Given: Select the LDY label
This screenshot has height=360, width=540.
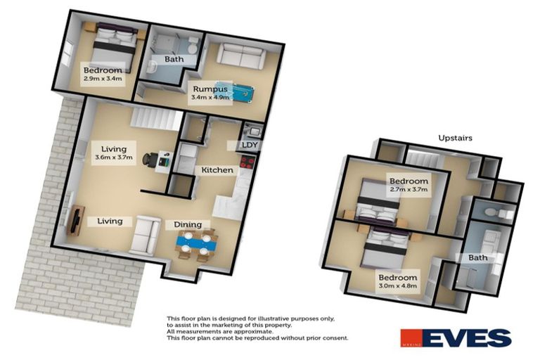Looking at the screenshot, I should pos(250,146).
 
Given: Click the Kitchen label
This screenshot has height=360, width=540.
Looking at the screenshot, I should pos(217,170).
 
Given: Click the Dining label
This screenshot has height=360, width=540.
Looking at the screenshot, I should pos(184,224).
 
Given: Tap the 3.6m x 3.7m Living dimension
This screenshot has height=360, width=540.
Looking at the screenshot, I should pos(113,157).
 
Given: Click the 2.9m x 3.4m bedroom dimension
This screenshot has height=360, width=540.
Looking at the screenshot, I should pos(103,79).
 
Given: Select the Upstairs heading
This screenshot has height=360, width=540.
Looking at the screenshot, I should pos(454,139).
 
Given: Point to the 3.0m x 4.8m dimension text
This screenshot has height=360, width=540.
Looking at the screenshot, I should pos(397,286).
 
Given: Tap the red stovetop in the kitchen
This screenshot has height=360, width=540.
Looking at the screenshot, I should pos(247,162).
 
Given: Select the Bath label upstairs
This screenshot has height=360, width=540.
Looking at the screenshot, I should pos(478,258).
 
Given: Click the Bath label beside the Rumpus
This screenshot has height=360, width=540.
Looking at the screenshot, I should pos(174,59).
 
